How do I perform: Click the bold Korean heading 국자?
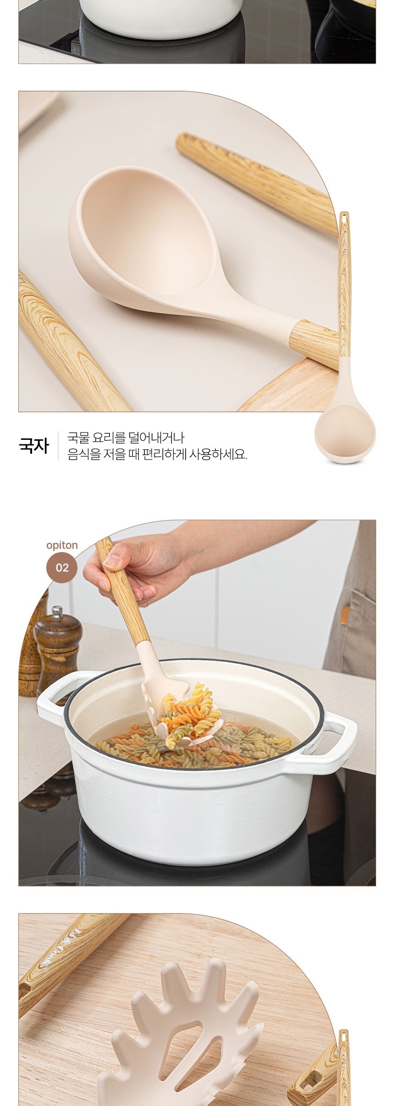tap(33, 446)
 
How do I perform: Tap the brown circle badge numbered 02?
tap(62, 568)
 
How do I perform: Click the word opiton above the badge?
tap(62, 545)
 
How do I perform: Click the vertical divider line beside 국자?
tap(58, 446)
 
